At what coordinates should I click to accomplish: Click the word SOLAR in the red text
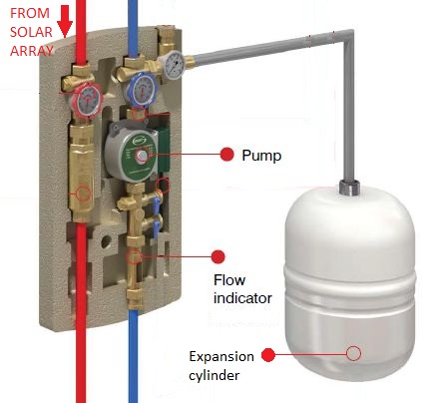click(31, 32)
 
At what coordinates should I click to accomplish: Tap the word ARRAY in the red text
click(32, 51)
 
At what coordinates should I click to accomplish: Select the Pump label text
click(261, 156)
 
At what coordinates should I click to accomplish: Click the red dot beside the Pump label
click(227, 155)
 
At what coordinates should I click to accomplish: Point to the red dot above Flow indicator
click(218, 256)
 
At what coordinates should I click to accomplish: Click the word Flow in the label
click(229, 280)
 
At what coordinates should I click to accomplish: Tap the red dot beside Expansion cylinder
click(268, 355)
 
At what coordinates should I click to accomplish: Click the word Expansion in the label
click(221, 357)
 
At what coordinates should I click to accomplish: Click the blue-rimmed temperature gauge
click(141, 88)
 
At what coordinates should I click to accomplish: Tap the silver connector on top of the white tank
click(349, 187)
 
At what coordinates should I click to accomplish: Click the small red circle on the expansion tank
click(353, 353)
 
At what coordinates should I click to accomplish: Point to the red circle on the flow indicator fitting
click(134, 256)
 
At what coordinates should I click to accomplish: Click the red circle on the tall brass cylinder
click(84, 194)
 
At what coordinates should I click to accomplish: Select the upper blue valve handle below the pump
click(156, 205)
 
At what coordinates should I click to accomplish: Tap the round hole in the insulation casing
click(106, 241)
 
